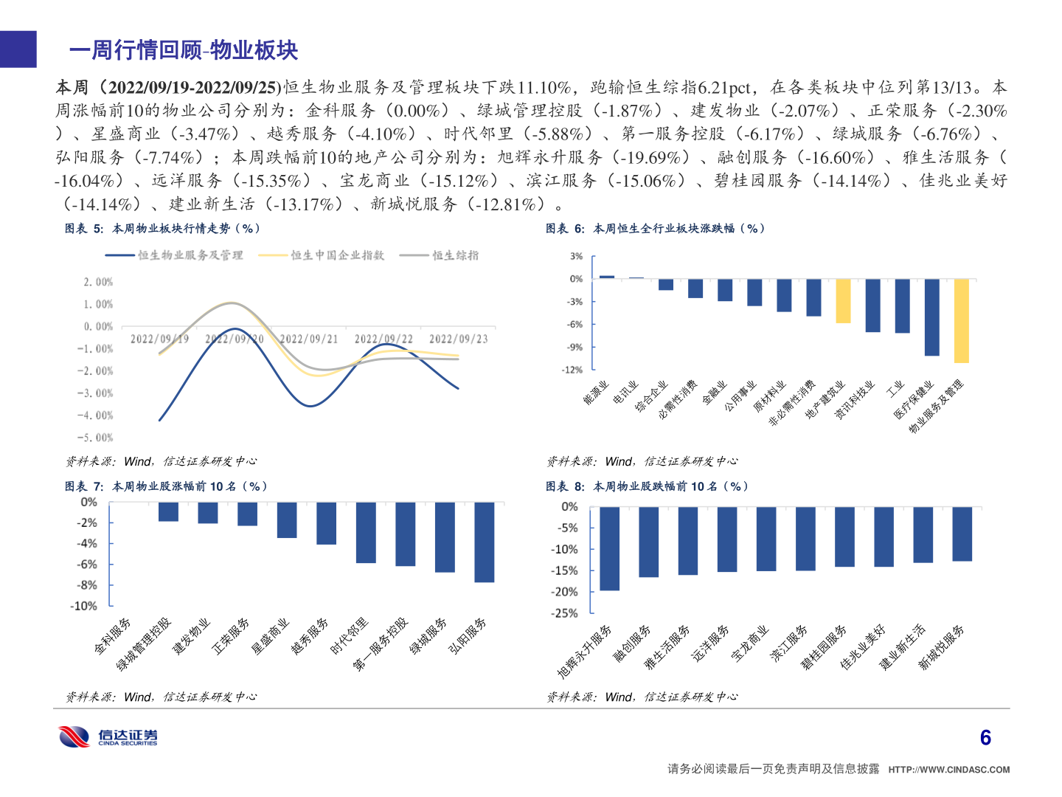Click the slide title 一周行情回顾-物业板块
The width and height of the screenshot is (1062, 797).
click(183, 50)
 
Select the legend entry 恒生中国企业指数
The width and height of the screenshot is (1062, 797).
click(337, 255)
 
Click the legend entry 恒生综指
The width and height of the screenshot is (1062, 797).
click(455, 255)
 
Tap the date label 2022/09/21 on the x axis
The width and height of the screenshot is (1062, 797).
click(308, 339)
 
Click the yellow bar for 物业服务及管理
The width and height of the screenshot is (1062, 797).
click(961, 320)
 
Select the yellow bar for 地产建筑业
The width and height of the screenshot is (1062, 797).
click(843, 301)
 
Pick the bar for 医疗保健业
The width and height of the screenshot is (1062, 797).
click(931, 317)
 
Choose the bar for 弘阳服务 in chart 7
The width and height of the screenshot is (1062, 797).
click(484, 542)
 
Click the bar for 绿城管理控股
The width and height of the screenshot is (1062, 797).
click(168, 512)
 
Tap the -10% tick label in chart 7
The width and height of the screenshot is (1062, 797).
click(83, 606)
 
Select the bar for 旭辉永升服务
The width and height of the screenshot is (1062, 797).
click(609, 548)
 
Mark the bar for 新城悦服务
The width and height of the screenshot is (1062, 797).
click(962, 534)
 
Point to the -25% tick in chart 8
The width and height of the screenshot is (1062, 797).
click(564, 613)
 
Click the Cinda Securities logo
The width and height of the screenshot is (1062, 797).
click(108, 736)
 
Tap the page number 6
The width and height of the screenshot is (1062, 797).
click(985, 738)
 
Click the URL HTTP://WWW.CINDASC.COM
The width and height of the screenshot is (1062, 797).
click(948, 770)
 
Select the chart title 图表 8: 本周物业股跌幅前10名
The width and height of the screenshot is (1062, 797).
click(648, 486)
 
